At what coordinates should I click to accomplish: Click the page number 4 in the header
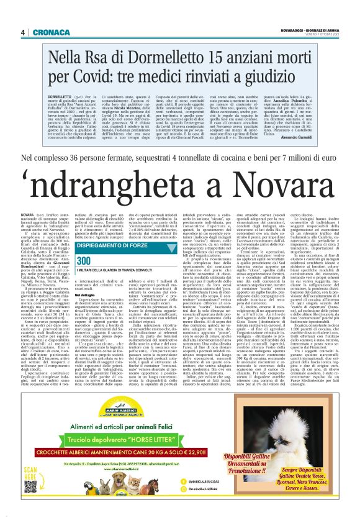pos(23,32)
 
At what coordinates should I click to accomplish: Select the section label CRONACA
pos(46,32)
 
